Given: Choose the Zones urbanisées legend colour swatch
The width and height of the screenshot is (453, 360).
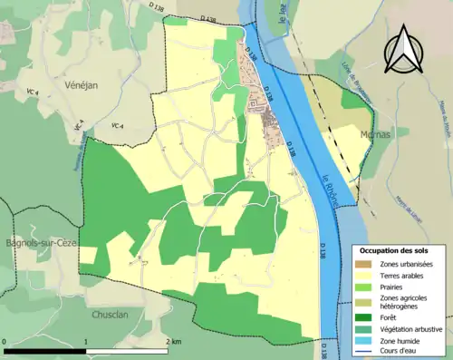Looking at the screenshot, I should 364,263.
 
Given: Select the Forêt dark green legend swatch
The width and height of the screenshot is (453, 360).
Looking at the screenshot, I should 364,317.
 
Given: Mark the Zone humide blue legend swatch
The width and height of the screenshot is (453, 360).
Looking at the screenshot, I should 364,341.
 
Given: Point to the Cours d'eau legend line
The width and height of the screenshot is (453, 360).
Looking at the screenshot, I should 364,353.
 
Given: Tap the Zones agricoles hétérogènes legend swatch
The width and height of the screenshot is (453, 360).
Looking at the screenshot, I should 364,302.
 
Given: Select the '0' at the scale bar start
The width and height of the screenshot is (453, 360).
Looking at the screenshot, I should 6,342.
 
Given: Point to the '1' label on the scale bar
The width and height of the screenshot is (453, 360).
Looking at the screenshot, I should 86,342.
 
